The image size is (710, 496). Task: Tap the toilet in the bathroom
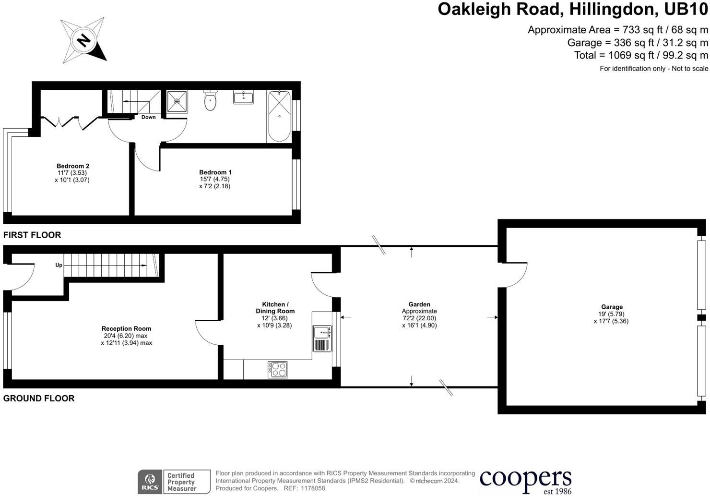tap(210, 100)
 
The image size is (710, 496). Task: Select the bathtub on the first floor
tap(279, 116)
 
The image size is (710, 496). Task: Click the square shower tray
tap(177, 101)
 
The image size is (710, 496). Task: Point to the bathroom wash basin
tap(244, 97)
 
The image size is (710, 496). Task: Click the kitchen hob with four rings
tap(277, 369)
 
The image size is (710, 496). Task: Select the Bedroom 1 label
tap(215, 172)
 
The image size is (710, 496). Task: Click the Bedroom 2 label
tap(73, 166)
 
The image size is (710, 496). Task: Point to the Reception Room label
tap(127, 329)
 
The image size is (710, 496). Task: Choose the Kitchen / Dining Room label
tap(275, 308)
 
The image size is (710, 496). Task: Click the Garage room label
tap(612, 307)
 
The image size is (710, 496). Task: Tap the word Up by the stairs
tap(59, 265)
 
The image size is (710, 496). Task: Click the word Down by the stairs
tap(148, 117)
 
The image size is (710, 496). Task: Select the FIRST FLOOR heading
tap(32, 235)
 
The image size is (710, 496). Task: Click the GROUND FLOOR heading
tap(39, 398)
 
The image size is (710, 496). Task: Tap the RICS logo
tap(150, 482)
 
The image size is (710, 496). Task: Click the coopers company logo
tap(526, 481)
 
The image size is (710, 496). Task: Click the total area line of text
tap(641, 55)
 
